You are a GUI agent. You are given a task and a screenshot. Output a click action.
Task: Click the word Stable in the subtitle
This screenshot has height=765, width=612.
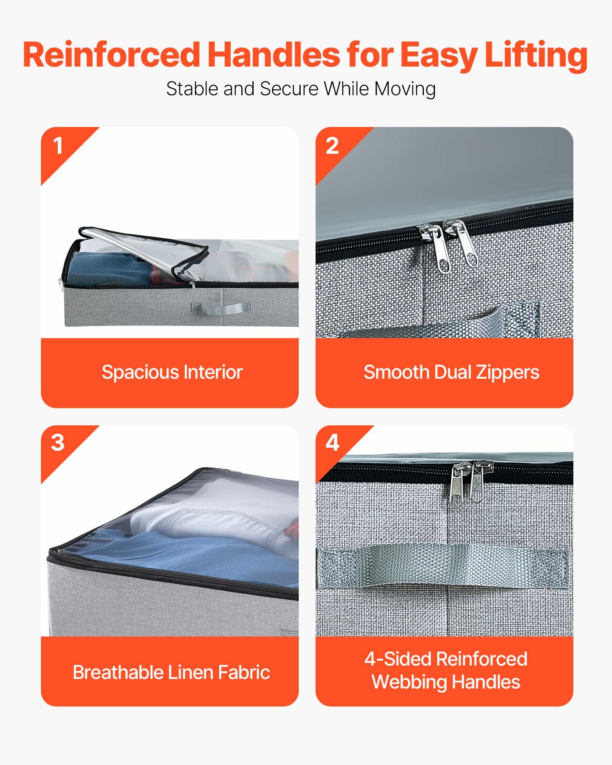[192, 89]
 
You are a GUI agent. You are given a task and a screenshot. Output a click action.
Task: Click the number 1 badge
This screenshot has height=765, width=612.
[58, 146]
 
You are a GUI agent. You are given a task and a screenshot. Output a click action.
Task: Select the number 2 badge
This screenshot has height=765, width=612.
[332, 146]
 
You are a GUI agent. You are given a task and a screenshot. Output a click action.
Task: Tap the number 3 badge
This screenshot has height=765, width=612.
[58, 443]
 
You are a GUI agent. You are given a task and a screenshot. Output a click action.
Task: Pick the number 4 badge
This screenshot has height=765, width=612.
[332, 443]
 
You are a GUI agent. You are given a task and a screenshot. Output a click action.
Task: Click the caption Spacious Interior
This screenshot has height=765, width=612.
[172, 372]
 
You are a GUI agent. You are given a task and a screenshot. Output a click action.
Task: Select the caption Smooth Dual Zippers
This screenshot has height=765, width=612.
[451, 372]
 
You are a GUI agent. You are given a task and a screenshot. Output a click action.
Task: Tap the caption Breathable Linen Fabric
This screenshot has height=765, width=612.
[171, 672]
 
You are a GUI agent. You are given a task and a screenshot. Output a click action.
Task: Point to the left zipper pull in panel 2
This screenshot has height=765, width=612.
[438, 249]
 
